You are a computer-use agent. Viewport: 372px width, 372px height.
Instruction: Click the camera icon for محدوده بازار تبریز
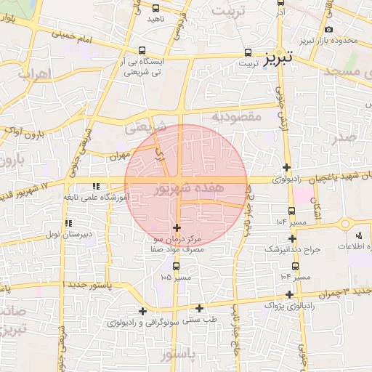coord(328,30)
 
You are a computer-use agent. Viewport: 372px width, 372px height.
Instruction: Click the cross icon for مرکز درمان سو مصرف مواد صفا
coord(177,228)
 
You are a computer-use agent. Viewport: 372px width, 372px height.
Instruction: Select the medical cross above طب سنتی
coord(200,308)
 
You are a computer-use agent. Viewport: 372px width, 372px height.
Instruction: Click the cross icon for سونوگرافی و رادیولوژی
coord(142,311)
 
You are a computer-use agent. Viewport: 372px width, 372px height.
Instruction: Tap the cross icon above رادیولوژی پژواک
coord(290,294)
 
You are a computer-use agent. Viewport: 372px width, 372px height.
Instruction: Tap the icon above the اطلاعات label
coord(359,235)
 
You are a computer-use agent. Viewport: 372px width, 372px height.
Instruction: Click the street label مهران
coord(120,155)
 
